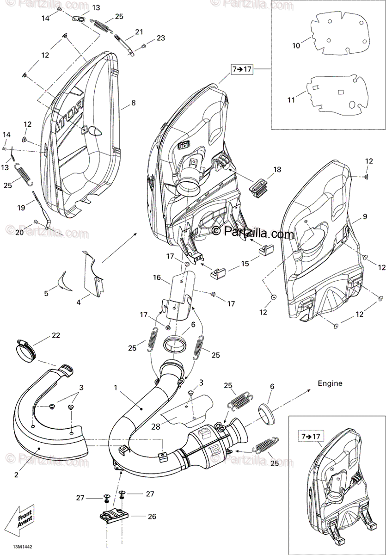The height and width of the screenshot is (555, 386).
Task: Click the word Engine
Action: click(x=330, y=383)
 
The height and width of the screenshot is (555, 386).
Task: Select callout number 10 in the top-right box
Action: click(x=296, y=45)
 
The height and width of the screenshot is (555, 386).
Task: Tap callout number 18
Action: click(x=276, y=170)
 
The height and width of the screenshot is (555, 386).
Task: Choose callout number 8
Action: click(x=133, y=103)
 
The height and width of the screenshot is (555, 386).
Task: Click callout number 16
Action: click(x=157, y=277)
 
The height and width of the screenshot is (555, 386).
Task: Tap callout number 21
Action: click(x=139, y=32)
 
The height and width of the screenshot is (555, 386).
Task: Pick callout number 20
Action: click(x=19, y=233)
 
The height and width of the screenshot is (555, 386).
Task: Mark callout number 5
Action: click(x=46, y=293)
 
